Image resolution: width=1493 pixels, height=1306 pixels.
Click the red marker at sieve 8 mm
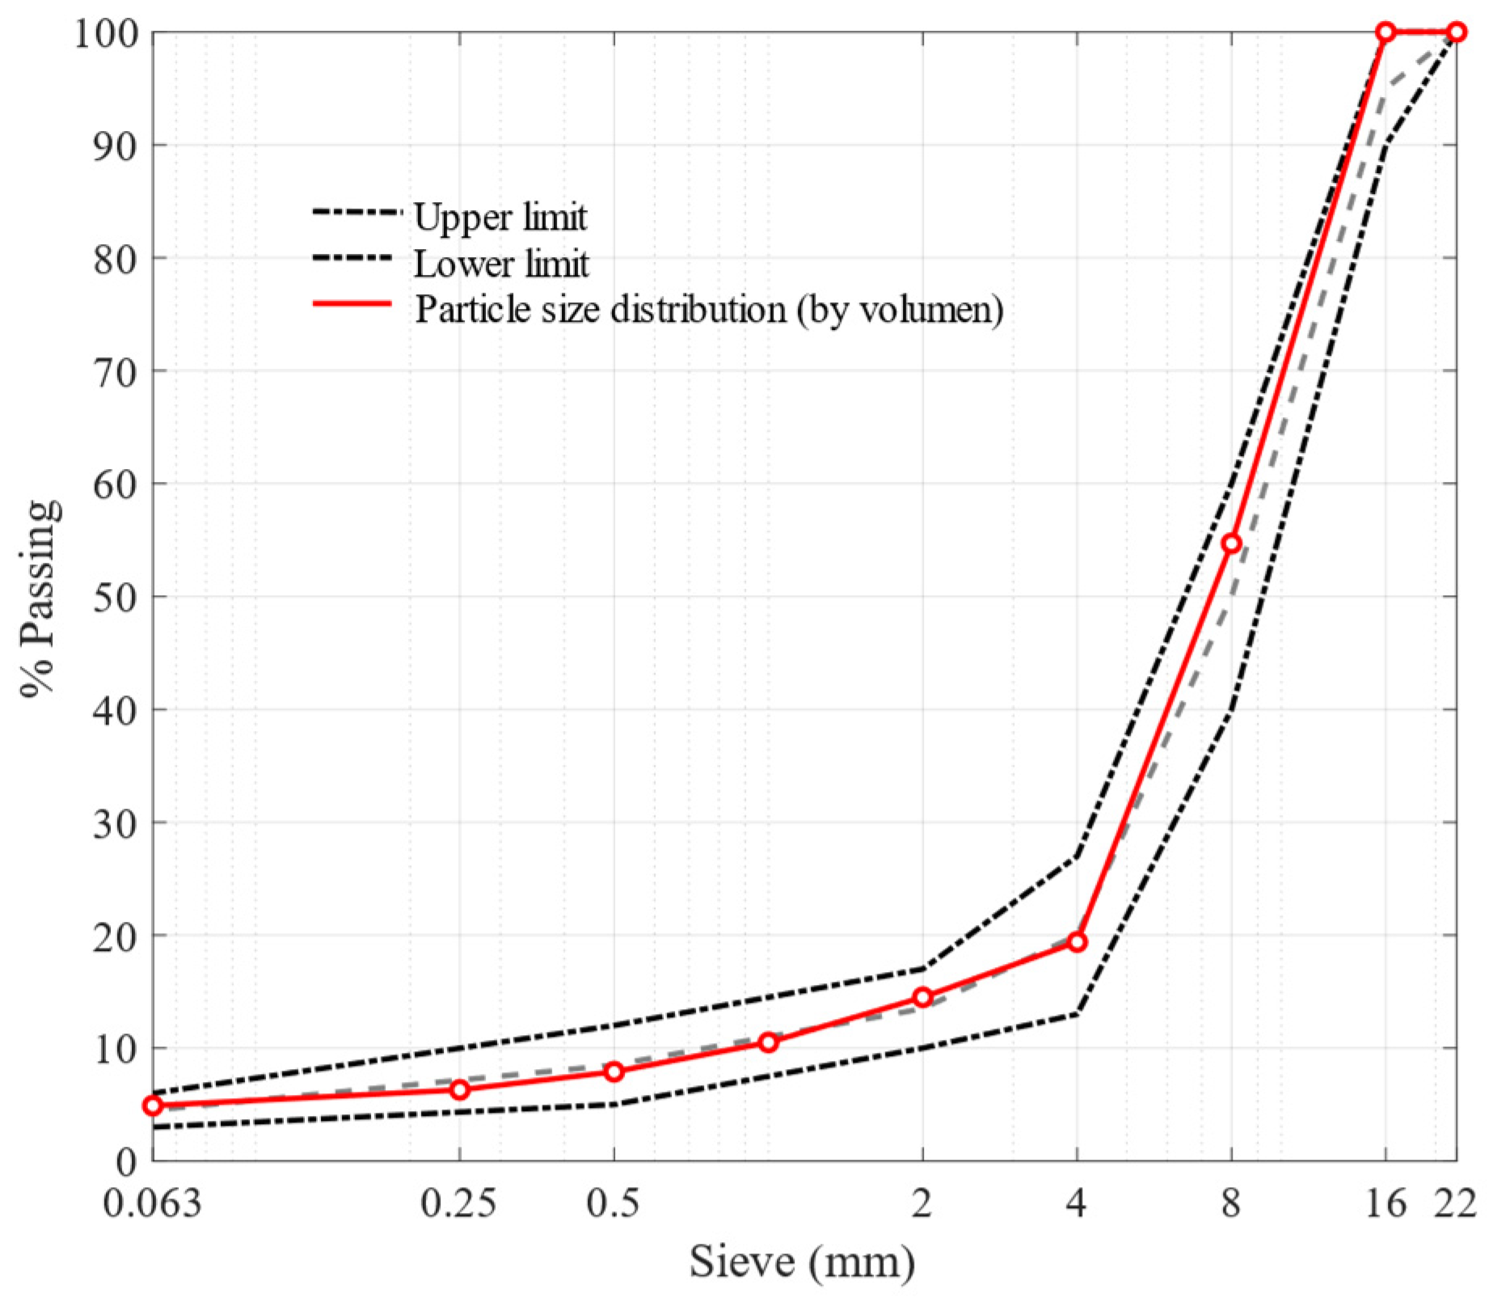1231,543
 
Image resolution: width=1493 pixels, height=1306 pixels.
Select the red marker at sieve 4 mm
1077,942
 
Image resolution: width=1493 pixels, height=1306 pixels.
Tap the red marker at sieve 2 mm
922,997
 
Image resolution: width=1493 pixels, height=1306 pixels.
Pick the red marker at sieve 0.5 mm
614,1071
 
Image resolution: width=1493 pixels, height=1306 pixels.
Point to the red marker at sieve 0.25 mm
459,1089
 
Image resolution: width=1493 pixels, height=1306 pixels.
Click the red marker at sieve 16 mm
1385,32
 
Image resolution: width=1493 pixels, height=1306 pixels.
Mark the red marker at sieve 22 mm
1457,32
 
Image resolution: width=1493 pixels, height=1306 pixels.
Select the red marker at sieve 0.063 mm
153,1105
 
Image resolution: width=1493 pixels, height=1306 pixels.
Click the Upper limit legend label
500,218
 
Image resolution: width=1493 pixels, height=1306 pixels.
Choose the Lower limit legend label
501,264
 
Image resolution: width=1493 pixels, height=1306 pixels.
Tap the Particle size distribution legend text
709,310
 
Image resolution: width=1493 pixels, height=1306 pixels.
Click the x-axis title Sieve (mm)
802,1262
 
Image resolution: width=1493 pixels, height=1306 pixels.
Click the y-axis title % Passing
40,598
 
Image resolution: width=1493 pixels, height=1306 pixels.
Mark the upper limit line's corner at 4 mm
1077,856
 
